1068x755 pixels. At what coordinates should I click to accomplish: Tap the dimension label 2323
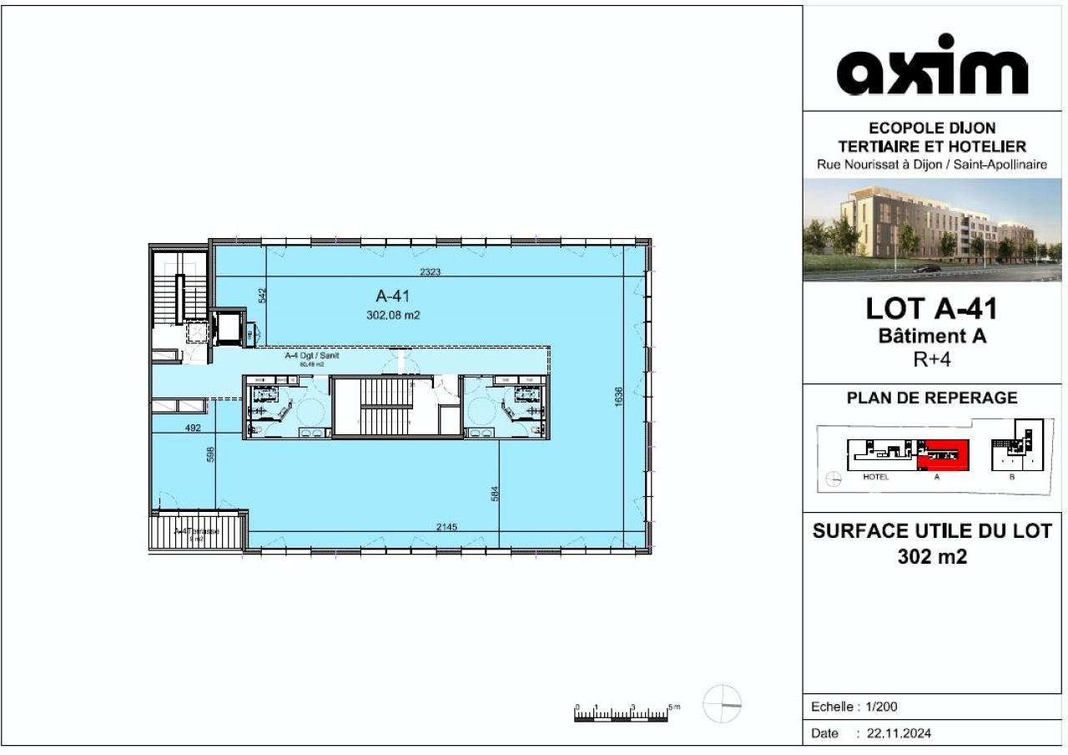[431, 271]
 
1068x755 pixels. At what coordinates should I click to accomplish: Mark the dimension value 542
[261, 295]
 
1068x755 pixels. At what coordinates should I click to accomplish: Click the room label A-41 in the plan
[392, 295]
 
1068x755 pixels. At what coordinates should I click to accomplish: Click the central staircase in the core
[385, 405]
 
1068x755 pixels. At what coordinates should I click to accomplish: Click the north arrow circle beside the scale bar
[722, 704]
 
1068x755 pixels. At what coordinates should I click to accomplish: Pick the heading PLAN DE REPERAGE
[931, 398]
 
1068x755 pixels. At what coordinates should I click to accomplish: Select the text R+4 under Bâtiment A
[931, 361]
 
